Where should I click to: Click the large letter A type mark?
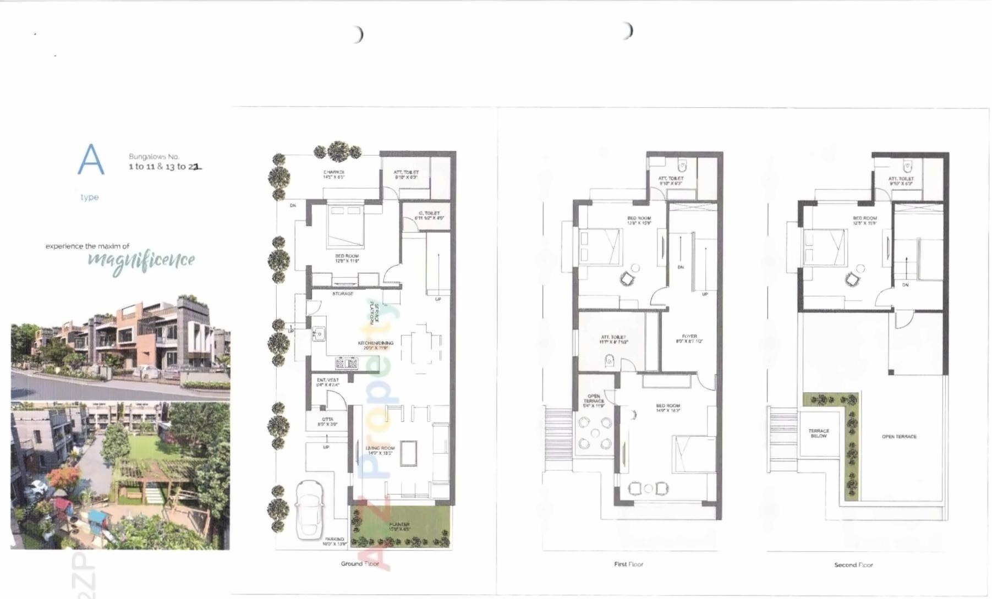click(x=91, y=160)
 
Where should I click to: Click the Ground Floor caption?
click(x=359, y=564)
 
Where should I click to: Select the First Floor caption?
click(x=628, y=564)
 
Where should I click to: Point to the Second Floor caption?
click(x=853, y=565)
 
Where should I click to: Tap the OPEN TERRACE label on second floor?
click(x=899, y=437)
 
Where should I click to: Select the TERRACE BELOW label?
click(x=819, y=433)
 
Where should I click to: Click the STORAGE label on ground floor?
click(x=343, y=294)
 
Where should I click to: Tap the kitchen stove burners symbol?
click(x=346, y=363)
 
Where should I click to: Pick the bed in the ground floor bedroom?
click(x=346, y=226)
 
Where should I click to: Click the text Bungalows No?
click(x=154, y=157)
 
